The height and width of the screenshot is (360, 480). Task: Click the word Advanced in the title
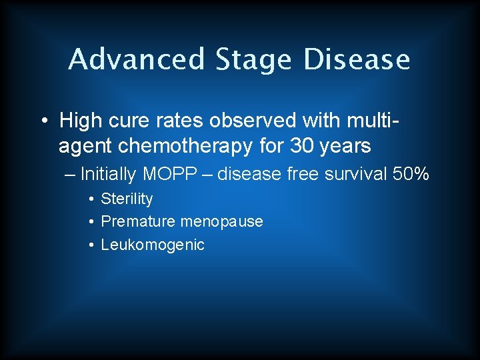pos(137,59)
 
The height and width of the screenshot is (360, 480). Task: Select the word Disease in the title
pos(357,59)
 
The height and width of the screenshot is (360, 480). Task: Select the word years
pos(343,145)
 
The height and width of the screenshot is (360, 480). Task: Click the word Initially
pos(107,175)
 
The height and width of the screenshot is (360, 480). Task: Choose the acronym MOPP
pos(170,175)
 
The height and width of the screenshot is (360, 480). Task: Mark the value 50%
pos(411,175)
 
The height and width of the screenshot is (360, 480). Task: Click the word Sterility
pos(127,199)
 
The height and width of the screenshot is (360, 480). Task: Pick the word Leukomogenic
pos(153,245)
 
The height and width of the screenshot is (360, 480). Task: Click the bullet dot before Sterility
pos(90,199)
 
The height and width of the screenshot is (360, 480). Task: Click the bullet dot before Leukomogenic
pos(90,245)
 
